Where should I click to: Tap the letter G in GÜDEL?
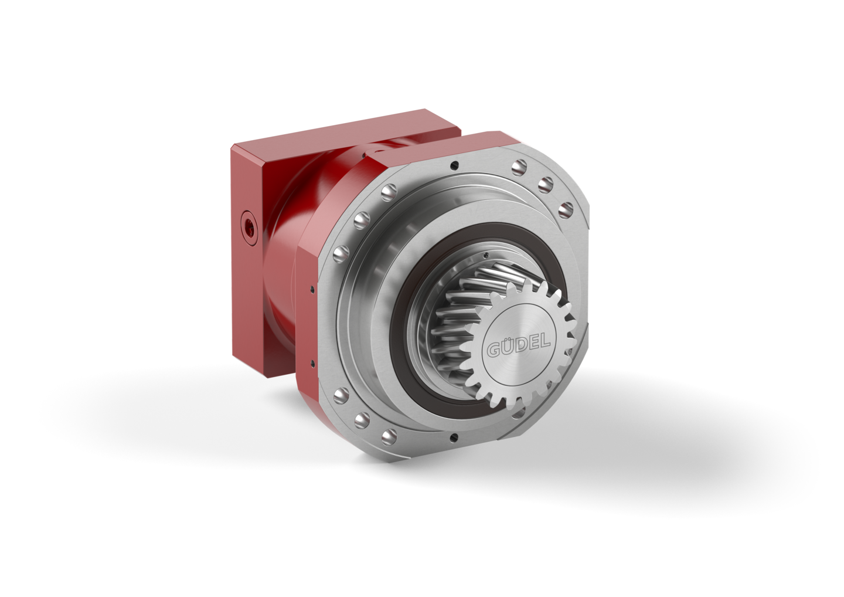point(494,350)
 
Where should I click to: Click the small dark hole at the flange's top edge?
point(457,164)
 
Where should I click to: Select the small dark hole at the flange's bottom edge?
point(454,437)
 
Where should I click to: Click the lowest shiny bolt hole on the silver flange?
point(389,437)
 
